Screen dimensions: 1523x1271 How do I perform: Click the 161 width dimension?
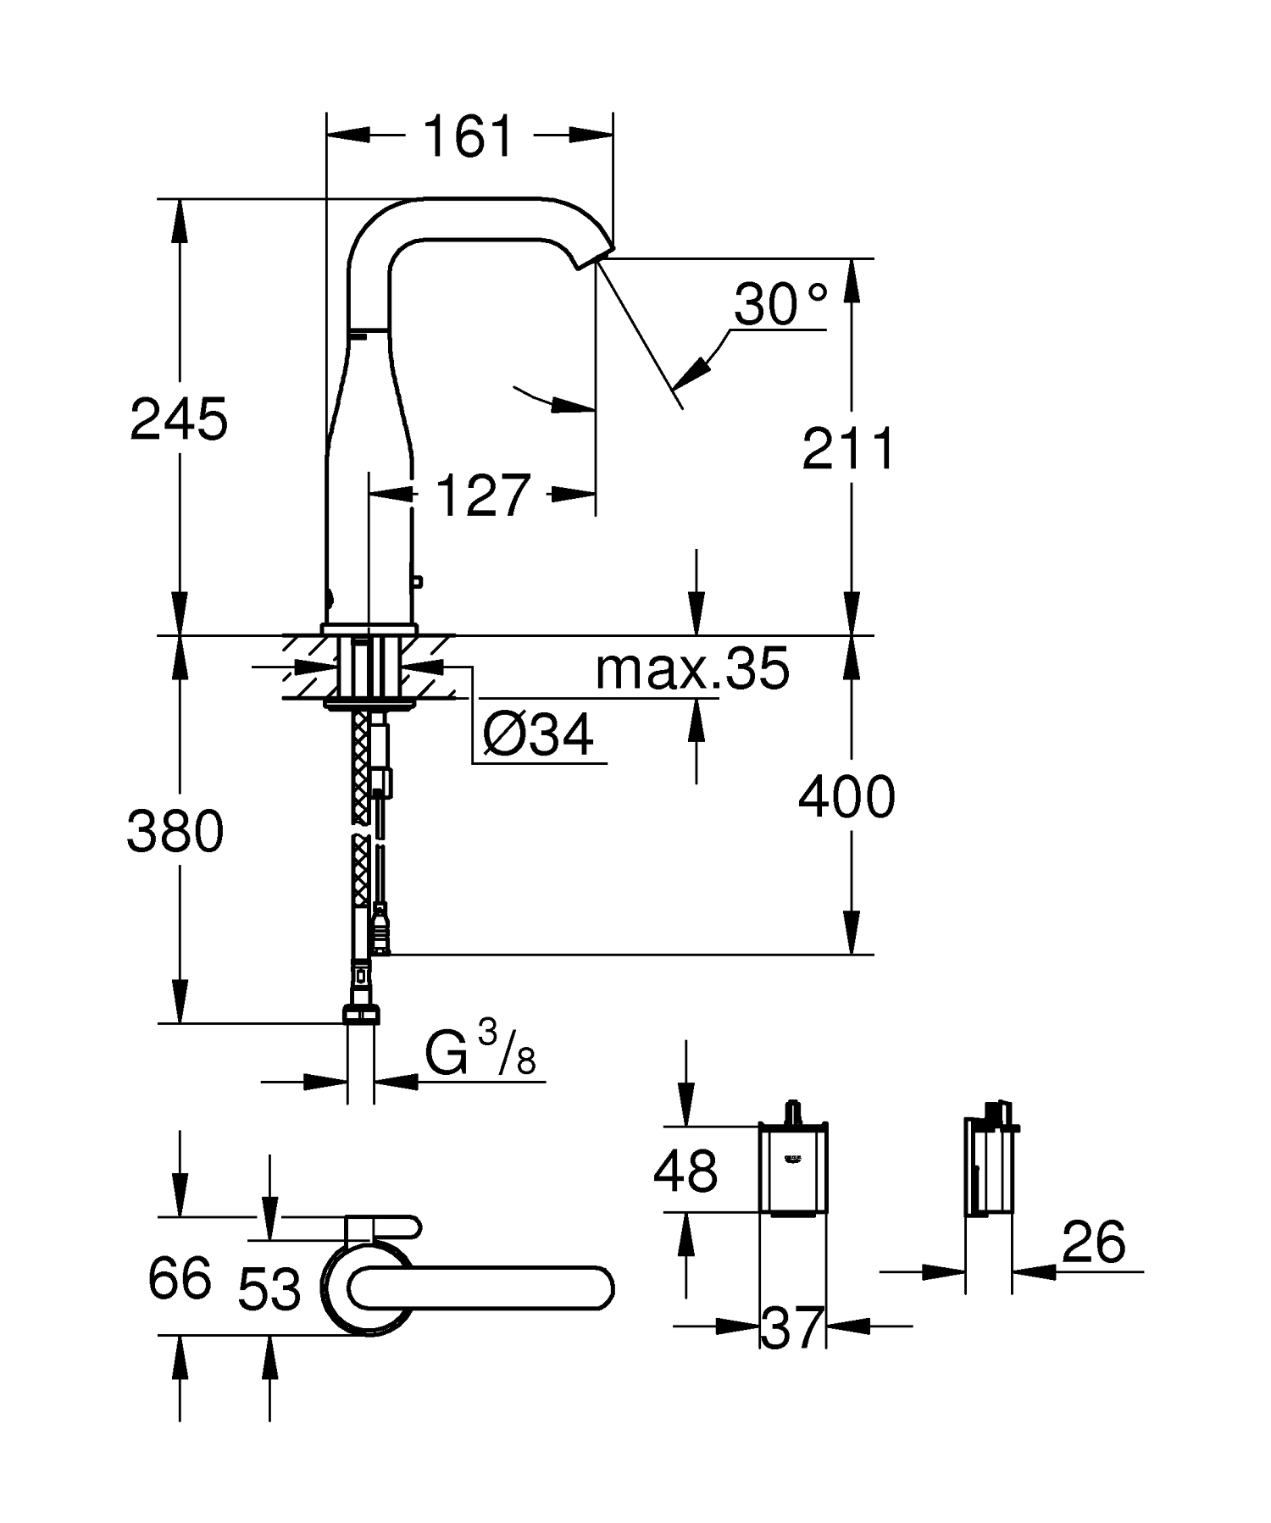pyautogui.click(x=469, y=136)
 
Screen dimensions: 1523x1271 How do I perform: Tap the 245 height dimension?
pyautogui.click(x=179, y=418)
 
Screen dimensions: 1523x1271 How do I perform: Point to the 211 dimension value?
pyautogui.click(x=848, y=449)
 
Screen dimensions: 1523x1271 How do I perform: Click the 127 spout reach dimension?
pyautogui.click(x=483, y=496)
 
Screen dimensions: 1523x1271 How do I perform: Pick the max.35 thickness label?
pyautogui.click(x=692, y=669)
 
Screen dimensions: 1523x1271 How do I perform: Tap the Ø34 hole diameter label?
pyautogui.click(x=538, y=734)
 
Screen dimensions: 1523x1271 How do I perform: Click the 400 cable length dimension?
pyautogui.click(x=846, y=797)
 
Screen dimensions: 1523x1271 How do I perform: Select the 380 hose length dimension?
pyautogui.click(x=175, y=831)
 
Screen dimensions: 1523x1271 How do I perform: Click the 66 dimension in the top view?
pyautogui.click(x=179, y=1279)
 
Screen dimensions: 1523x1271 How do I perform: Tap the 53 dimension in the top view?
pyautogui.click(x=269, y=1290)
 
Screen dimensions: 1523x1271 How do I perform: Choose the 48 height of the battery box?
pyautogui.click(x=685, y=1171)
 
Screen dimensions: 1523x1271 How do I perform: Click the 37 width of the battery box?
pyautogui.click(x=792, y=1327)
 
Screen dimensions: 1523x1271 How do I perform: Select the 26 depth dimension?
pyautogui.click(x=1093, y=1243)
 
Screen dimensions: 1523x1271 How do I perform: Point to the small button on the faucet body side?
pyautogui.click(x=417, y=581)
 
